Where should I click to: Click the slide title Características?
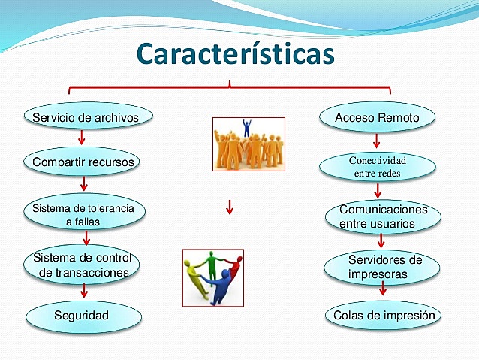(x=236, y=54)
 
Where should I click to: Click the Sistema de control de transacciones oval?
(x=83, y=266)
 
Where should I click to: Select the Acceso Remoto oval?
(x=377, y=118)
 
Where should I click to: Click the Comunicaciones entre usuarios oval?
(x=383, y=216)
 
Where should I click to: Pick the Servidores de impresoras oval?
(x=383, y=267)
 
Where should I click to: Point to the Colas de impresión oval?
(x=384, y=316)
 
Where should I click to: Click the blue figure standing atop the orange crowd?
(x=246, y=127)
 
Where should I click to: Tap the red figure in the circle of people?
(x=234, y=268)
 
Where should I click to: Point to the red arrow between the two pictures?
(x=230, y=207)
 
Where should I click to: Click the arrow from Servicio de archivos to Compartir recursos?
(x=81, y=138)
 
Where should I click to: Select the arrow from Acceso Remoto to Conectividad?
(x=377, y=141)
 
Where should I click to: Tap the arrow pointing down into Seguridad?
(x=83, y=290)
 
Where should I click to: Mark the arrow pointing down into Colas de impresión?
(x=383, y=290)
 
